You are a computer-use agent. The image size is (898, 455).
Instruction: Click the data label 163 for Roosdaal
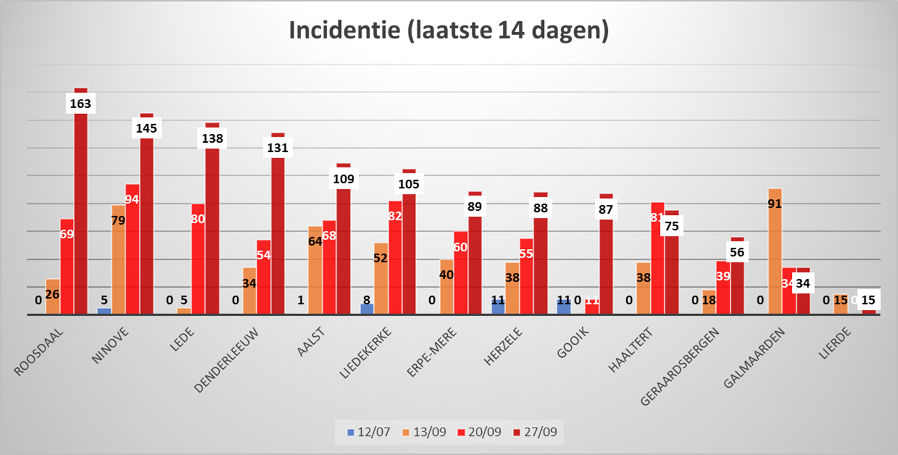pos(81,104)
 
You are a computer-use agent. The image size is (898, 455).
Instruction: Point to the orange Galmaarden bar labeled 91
pos(775,251)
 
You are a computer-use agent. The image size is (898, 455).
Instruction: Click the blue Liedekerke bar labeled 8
pos(367,309)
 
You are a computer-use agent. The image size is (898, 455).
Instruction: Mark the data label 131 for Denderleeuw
pos(278,148)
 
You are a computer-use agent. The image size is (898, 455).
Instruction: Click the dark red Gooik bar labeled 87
pos(606,263)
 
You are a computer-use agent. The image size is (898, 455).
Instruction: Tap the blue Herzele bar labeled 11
pos(499,306)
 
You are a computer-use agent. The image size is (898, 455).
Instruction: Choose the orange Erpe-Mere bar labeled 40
pos(447,287)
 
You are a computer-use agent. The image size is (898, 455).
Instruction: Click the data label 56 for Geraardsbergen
pos(737,252)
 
